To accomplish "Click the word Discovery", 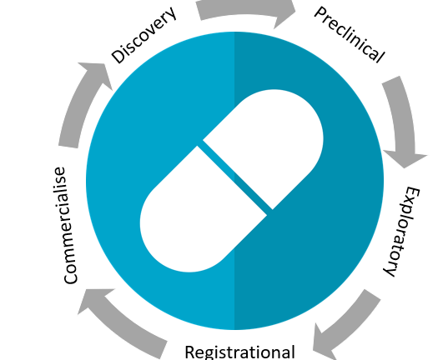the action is (x=143, y=35).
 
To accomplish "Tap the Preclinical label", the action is (x=350, y=35).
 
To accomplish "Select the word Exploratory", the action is (x=401, y=232).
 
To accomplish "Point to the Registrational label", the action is (x=239, y=352).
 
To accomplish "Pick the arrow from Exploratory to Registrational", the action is (x=347, y=326).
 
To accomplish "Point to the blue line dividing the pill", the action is (x=235, y=177).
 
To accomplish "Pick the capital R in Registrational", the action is (x=190, y=352).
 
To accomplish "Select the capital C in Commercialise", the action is (x=70, y=275).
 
